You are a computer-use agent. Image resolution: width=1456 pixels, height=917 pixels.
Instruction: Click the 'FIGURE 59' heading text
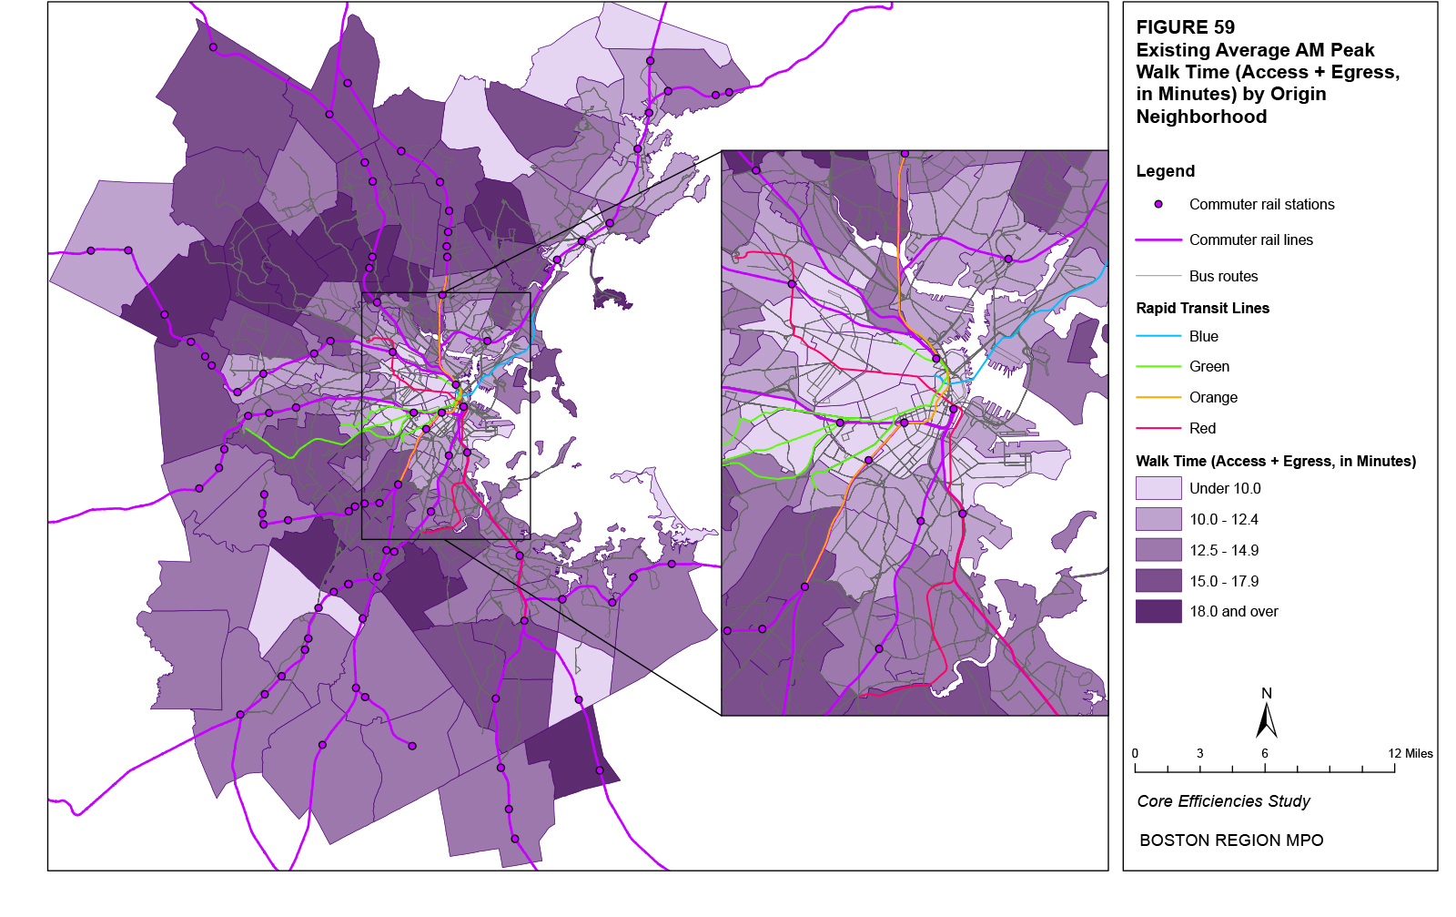click(1185, 27)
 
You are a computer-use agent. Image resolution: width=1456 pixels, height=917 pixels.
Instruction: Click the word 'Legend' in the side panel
click(1165, 171)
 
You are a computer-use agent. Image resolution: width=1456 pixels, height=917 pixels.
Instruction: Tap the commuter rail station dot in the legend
click(1158, 205)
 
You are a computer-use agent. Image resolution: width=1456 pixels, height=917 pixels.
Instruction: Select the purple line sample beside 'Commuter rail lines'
click(1158, 240)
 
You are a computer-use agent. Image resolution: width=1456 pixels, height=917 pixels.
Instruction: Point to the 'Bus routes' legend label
click(1223, 276)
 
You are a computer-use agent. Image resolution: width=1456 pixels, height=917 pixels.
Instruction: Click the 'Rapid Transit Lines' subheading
click(1202, 308)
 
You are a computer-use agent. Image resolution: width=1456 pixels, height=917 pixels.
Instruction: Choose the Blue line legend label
click(1203, 336)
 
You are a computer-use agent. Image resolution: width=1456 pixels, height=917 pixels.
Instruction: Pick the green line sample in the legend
click(1158, 367)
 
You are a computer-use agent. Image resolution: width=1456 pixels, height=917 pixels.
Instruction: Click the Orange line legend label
click(1213, 397)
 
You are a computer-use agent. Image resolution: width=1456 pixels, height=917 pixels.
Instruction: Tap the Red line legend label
click(1202, 428)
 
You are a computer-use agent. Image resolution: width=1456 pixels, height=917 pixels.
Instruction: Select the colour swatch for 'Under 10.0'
click(1158, 488)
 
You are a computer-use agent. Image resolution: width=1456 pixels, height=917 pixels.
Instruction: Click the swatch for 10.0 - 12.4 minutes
click(1158, 519)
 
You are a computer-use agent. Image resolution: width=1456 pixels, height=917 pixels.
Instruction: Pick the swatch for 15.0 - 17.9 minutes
click(1158, 581)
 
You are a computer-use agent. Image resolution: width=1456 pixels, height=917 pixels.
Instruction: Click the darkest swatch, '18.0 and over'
click(1158, 611)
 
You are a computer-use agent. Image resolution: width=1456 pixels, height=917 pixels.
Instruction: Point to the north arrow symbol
click(1266, 719)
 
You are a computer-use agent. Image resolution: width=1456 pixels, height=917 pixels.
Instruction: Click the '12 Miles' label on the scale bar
click(1410, 753)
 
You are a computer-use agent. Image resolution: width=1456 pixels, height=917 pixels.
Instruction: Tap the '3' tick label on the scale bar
click(1199, 753)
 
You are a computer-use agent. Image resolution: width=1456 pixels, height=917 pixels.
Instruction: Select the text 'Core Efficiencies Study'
click(1223, 801)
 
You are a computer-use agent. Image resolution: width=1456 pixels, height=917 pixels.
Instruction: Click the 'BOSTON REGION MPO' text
click(1231, 841)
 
